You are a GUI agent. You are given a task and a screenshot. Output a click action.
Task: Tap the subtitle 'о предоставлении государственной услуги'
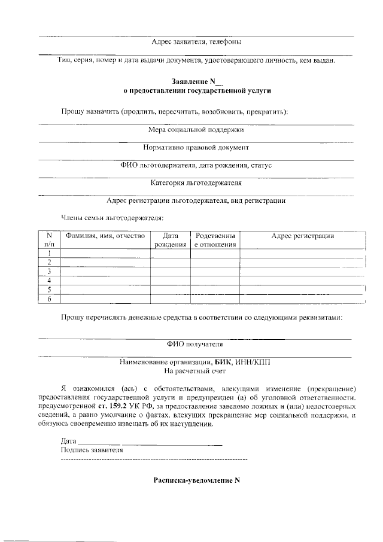coord(197,91)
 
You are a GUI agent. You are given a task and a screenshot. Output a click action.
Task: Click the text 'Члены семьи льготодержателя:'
coord(112,218)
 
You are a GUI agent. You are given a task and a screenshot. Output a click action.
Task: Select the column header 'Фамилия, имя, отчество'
coord(105,236)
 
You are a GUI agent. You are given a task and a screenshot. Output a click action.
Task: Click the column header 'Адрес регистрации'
coord(302,236)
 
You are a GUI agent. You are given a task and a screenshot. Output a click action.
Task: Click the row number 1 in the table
coord(49,253)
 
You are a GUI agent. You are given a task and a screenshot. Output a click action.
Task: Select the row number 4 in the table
coord(49,281)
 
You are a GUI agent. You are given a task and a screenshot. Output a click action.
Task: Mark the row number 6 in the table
coord(49,299)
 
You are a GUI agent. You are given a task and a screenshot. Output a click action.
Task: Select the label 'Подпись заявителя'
coord(92,450)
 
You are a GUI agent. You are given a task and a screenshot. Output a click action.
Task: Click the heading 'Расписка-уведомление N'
coord(196,480)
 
